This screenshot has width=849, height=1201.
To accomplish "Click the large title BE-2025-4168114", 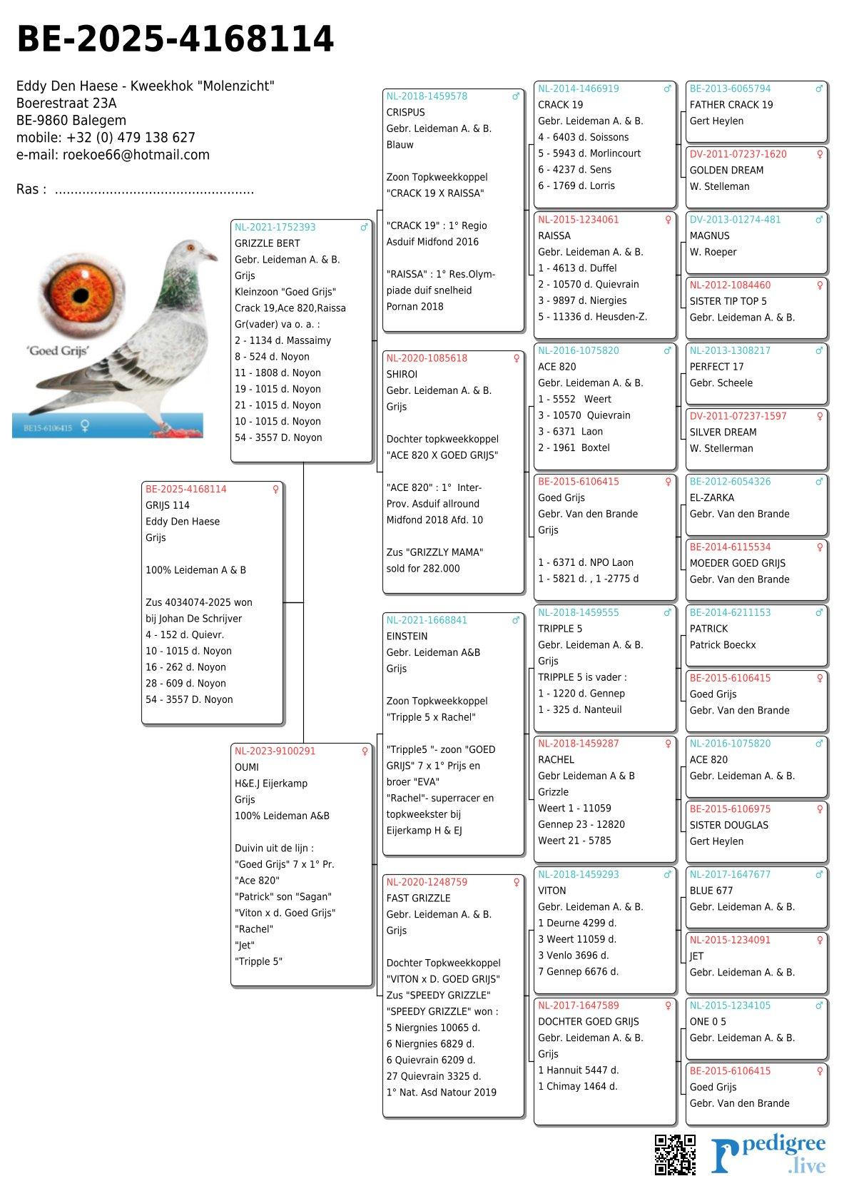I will pyautogui.click(x=175, y=39).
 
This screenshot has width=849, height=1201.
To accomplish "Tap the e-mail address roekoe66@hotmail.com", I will pyautogui.click(x=136, y=155).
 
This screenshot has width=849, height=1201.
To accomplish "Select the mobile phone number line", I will pyautogui.click(x=106, y=138).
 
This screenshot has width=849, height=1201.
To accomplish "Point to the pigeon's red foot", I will pyautogui.click(x=169, y=429).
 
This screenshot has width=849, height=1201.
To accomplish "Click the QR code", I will pyautogui.click(x=675, y=1154).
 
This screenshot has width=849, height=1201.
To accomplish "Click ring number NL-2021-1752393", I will pyautogui.click(x=275, y=228).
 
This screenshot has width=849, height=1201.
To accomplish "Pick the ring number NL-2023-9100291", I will pyautogui.click(x=275, y=751).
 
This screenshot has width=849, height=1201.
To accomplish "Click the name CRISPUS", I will pyautogui.click(x=405, y=113).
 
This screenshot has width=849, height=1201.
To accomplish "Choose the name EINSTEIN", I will pyautogui.click(x=407, y=637).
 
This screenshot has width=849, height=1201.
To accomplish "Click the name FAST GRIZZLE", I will pyautogui.click(x=418, y=898).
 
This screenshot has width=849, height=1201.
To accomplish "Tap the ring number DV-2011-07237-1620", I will pyautogui.click(x=738, y=154).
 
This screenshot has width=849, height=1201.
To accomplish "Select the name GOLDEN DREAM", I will pyautogui.click(x=726, y=171).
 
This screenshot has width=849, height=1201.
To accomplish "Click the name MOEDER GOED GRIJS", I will pyautogui.click(x=737, y=563).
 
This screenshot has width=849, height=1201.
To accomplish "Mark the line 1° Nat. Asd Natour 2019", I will pyautogui.click(x=441, y=1093).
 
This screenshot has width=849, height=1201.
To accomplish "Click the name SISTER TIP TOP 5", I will pyautogui.click(x=728, y=301).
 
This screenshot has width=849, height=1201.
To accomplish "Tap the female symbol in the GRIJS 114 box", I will pyautogui.click(x=275, y=490).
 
